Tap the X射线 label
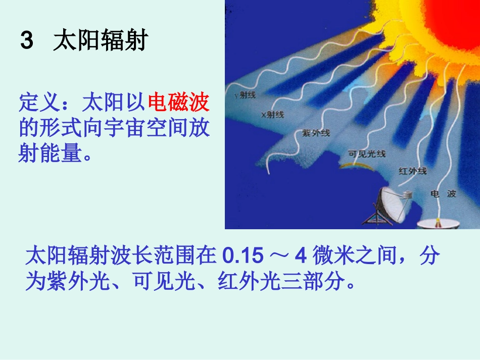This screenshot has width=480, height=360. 272,115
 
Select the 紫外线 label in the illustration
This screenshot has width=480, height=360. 315,133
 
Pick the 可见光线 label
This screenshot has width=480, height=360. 367,153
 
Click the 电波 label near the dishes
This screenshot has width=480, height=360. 443,193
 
